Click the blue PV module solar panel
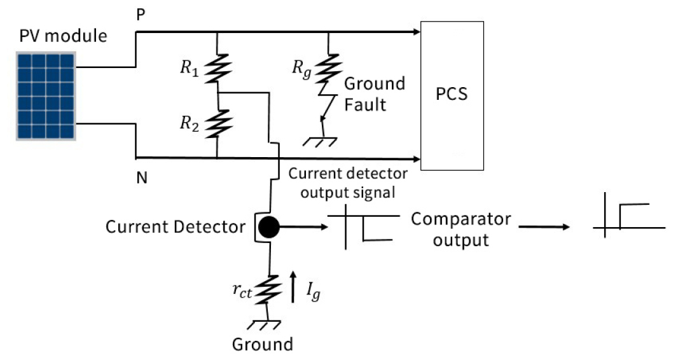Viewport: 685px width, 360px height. coord(46,96)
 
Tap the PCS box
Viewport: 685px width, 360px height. coord(452,95)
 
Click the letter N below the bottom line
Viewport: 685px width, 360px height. coord(142,178)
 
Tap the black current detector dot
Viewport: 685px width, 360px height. coord(268,226)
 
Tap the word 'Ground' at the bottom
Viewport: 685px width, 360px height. coord(263,345)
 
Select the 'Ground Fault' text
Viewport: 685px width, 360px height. coord(374,93)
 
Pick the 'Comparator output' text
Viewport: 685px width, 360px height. coord(460,230)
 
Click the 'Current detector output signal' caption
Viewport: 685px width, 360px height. coord(347,182)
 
